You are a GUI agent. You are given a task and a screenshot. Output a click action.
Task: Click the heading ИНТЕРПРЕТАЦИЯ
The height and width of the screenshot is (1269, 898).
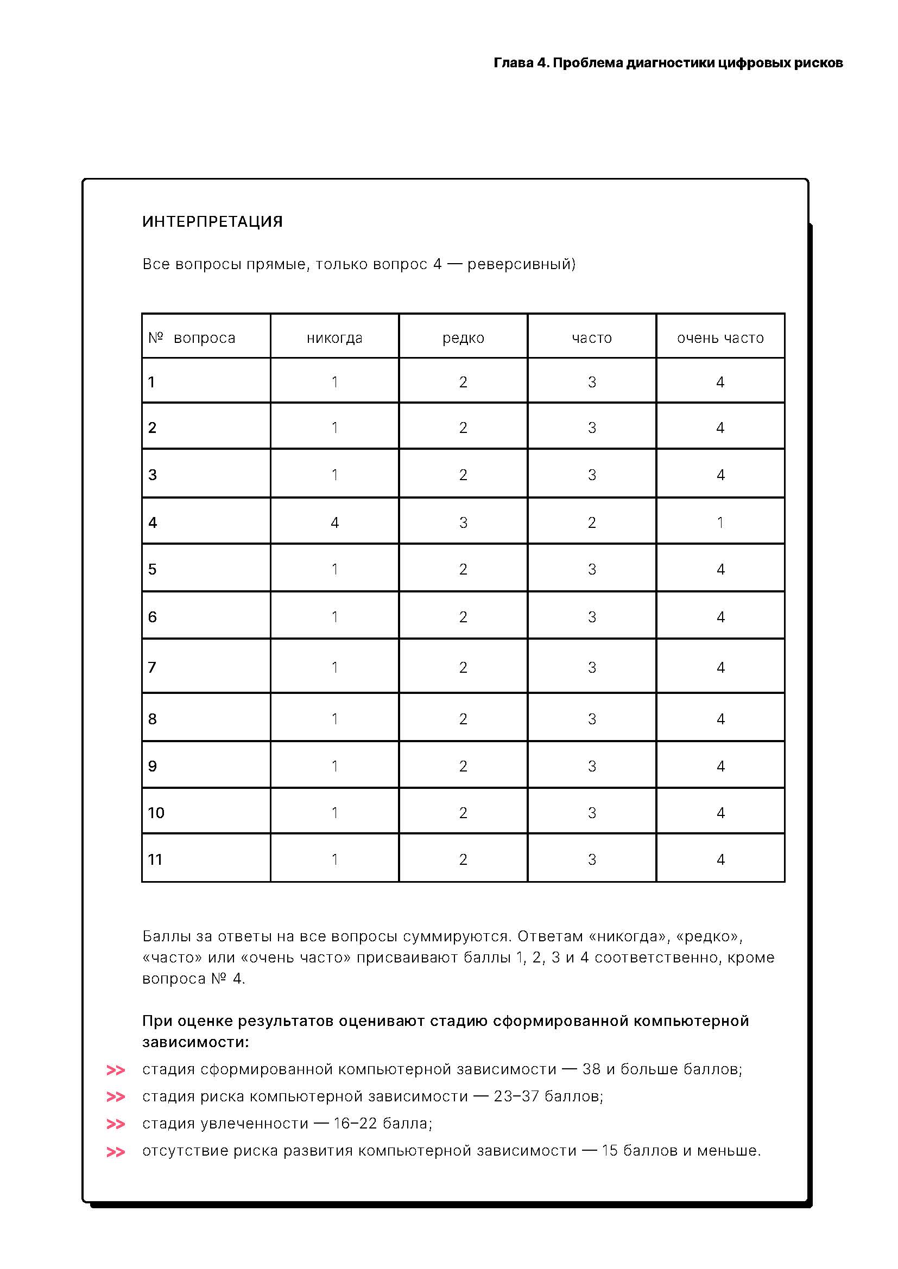(212, 222)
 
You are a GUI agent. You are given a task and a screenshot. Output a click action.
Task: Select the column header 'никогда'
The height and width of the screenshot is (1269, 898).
(334, 337)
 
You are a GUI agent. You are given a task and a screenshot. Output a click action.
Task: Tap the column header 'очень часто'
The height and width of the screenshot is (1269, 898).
(720, 337)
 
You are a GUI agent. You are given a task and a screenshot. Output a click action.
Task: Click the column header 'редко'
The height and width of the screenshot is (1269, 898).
(463, 337)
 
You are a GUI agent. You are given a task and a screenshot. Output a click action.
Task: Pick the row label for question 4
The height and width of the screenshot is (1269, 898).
(153, 522)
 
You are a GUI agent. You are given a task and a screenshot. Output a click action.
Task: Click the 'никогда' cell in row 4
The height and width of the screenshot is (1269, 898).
(334, 522)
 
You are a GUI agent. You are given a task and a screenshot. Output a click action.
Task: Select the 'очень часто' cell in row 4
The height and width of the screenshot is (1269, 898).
(720, 522)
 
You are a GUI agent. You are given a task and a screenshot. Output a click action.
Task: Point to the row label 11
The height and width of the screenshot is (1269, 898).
(155, 859)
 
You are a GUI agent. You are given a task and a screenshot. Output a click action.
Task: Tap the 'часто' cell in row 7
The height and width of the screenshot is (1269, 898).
(592, 668)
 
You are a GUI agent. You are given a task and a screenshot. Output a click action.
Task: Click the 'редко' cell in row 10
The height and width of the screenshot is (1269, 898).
(463, 813)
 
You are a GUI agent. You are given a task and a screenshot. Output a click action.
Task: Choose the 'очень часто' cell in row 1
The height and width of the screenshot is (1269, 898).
(720, 382)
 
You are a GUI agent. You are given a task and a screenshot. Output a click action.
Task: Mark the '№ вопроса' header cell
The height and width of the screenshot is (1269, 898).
(192, 337)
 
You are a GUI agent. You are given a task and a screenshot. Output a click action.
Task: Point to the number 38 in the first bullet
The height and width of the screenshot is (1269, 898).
(591, 1069)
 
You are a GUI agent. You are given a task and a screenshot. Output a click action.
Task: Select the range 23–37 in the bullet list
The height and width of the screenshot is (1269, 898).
(516, 1096)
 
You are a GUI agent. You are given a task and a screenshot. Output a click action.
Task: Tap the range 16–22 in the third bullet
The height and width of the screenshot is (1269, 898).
(355, 1123)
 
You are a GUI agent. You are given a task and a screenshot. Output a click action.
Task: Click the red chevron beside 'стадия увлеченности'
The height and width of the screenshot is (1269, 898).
(116, 1124)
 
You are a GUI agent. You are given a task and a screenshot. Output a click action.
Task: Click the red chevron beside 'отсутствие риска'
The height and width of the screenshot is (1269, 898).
(116, 1152)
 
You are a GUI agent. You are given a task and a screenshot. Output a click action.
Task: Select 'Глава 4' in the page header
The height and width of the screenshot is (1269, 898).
(520, 63)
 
